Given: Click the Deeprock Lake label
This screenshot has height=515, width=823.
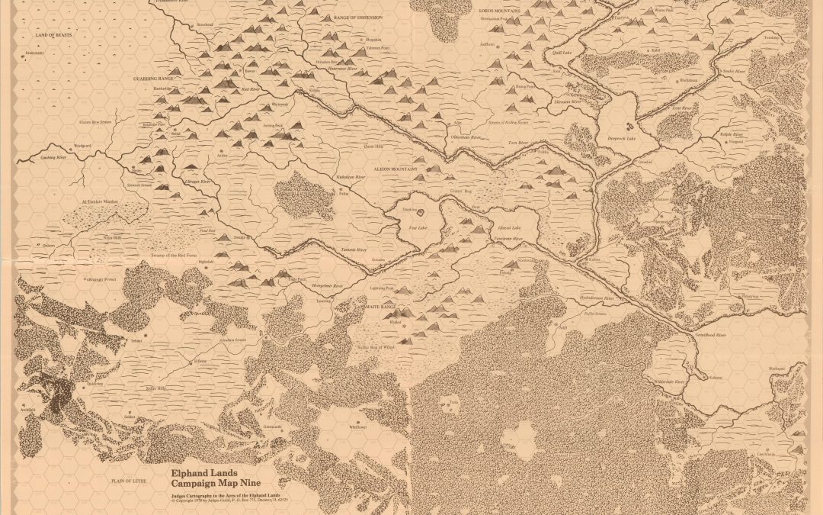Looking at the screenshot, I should click(621, 140).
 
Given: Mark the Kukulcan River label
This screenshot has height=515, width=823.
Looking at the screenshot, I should click(351, 177).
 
